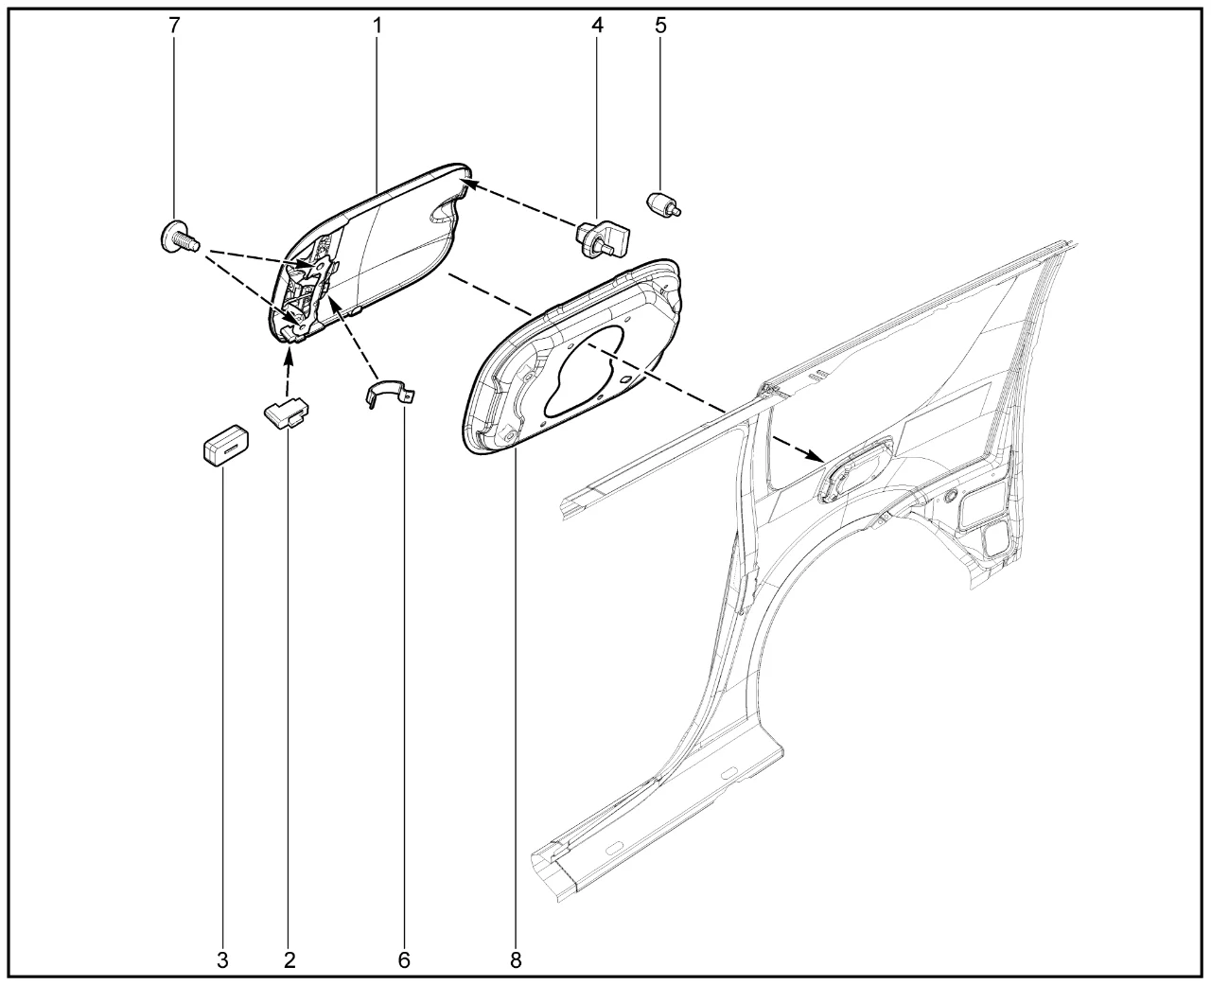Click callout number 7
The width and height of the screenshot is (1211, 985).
coord(174,25)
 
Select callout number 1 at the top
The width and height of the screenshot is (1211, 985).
coord(377,25)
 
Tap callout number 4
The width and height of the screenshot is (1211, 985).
coord(597,25)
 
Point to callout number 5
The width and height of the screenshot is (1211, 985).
coord(660,25)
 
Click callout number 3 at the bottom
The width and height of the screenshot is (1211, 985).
coord(222,960)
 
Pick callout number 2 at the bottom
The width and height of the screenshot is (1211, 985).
coord(290,960)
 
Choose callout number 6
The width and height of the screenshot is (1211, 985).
coord(404,960)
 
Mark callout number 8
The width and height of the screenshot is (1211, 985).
coord(515,960)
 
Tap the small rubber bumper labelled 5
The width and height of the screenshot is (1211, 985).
coord(663,204)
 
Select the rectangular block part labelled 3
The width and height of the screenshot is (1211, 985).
coord(226,445)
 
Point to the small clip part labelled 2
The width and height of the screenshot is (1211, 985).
coord(287,412)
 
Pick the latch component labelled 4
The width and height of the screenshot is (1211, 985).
coord(603,238)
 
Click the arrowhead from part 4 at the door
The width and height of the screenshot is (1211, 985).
coord(476,185)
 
